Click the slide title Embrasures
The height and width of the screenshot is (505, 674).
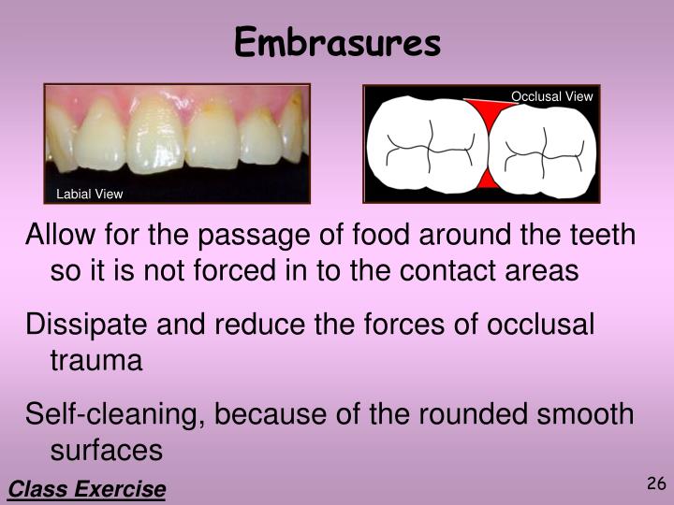(337, 42)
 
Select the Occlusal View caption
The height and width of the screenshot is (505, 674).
(551, 96)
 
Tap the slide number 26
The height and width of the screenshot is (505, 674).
(654, 483)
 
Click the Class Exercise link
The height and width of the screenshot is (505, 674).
(87, 488)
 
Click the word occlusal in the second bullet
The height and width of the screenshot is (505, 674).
(540, 324)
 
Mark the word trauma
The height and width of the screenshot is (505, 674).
(95, 360)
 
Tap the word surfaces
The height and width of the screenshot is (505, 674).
(106, 450)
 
